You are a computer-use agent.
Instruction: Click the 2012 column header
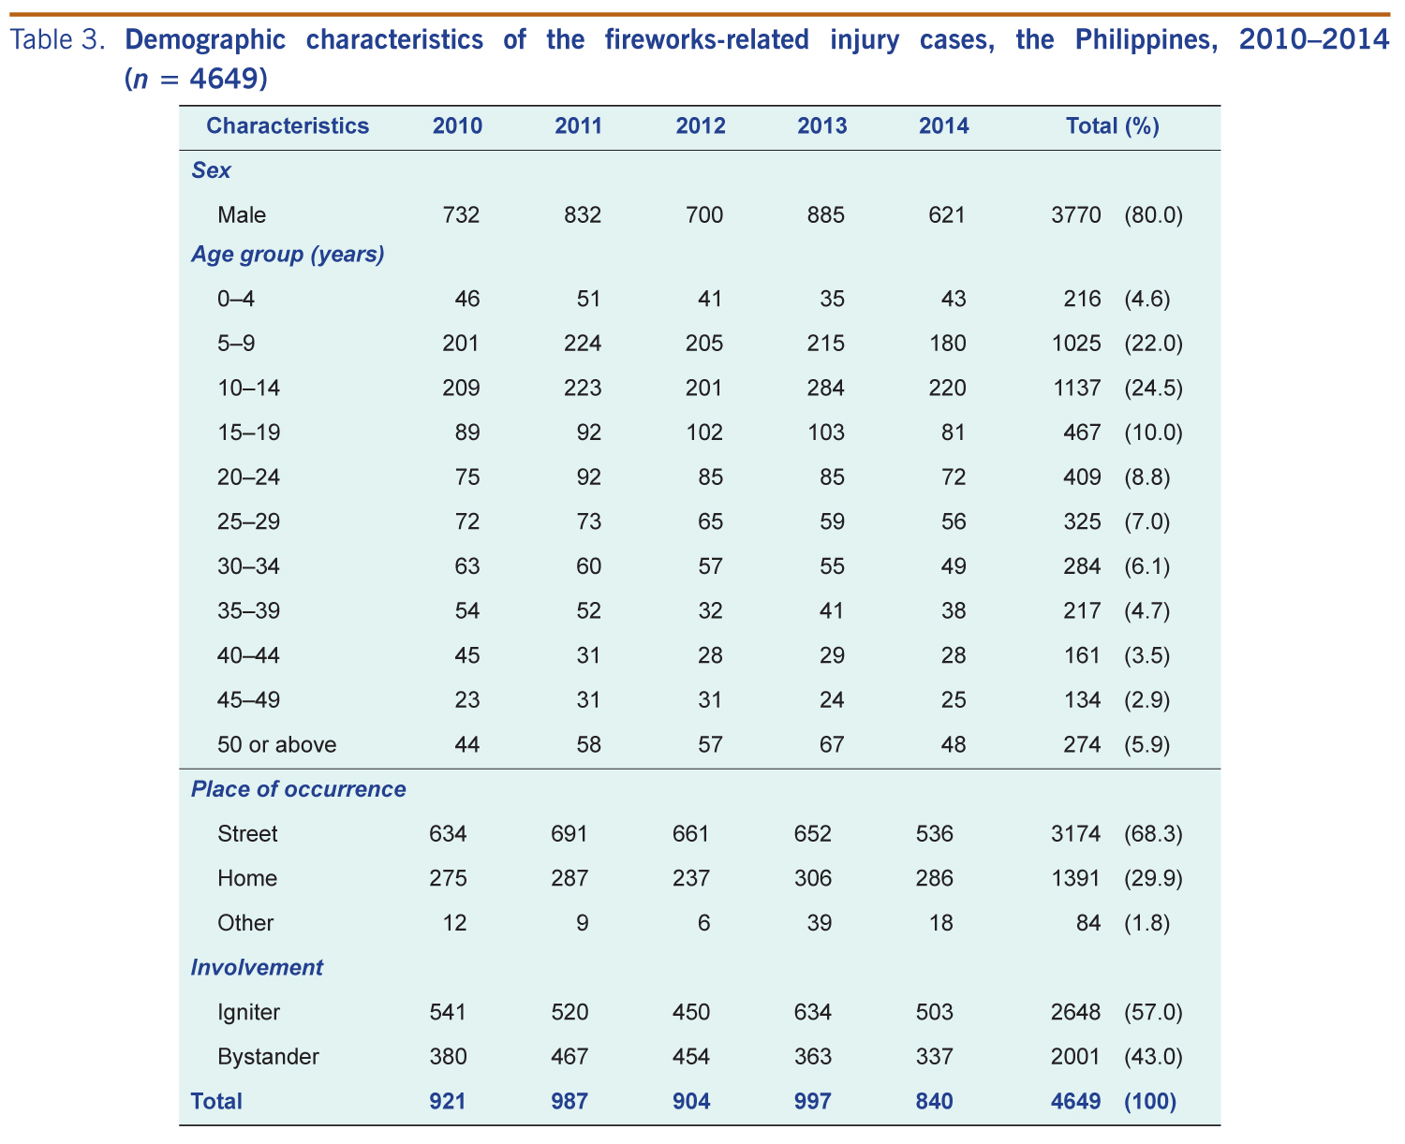click(700, 126)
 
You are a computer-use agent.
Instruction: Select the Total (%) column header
click(1113, 126)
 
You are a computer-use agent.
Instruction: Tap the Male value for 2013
click(825, 215)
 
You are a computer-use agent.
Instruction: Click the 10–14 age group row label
click(248, 388)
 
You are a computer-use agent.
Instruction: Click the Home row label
click(247, 878)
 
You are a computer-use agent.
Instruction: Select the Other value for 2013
click(820, 923)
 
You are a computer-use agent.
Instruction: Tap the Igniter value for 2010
click(448, 1012)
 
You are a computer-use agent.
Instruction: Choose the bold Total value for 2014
click(934, 1102)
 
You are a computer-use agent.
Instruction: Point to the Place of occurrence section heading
click(298, 789)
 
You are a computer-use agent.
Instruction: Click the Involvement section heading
click(257, 968)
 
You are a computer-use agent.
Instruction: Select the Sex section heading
click(211, 170)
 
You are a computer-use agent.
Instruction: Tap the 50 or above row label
click(276, 745)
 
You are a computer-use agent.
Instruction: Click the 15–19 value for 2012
click(703, 433)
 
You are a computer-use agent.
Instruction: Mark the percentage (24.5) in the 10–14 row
click(1153, 388)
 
